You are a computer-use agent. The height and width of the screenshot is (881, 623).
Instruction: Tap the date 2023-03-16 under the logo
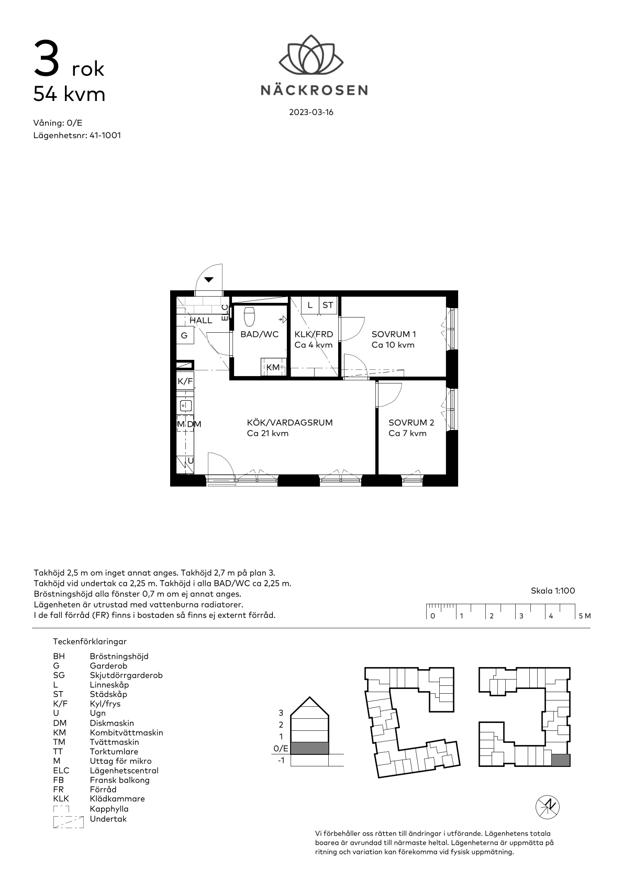tap(311, 112)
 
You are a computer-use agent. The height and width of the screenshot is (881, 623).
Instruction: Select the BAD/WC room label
tap(259, 334)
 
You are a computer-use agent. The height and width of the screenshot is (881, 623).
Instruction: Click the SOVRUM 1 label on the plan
tap(394, 334)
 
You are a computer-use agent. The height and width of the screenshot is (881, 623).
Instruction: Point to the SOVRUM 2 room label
tap(411, 423)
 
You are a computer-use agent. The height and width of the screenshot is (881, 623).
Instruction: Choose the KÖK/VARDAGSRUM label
tap(290, 423)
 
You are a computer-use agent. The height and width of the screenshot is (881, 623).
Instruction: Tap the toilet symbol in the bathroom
tap(250, 317)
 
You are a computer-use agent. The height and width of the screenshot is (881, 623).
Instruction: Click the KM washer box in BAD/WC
tap(273, 367)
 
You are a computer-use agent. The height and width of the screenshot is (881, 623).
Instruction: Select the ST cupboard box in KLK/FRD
tap(328, 305)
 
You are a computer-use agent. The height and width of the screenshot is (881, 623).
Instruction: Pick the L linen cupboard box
tap(310, 305)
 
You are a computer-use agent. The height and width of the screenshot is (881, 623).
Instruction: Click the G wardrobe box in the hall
tap(185, 335)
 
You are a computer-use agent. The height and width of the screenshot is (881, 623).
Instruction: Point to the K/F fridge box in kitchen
tap(185, 381)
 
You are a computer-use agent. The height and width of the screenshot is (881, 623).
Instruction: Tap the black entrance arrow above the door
tap(208, 280)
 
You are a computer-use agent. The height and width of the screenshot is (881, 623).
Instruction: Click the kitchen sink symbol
tap(185, 405)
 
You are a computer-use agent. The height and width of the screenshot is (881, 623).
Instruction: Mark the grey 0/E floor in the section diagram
tap(310, 749)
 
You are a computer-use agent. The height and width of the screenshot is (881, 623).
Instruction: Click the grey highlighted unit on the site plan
tap(560, 760)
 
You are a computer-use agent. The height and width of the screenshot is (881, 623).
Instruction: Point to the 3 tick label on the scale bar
tap(521, 616)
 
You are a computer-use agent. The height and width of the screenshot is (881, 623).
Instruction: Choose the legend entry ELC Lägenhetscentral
tap(105, 771)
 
